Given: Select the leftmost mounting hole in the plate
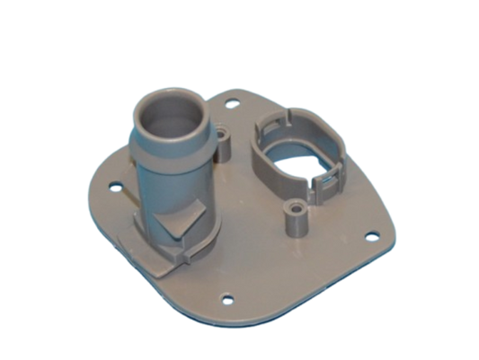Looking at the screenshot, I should (115, 187).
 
